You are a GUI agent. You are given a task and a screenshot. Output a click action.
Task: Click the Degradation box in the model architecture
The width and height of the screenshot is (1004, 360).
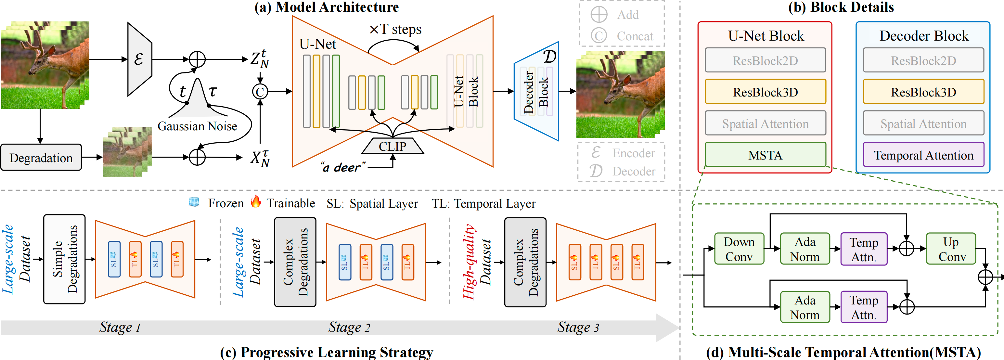point(41,157)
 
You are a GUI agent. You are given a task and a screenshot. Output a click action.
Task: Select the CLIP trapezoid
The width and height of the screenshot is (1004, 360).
point(393,147)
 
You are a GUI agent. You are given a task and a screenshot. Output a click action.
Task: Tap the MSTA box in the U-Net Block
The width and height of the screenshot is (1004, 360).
point(765,155)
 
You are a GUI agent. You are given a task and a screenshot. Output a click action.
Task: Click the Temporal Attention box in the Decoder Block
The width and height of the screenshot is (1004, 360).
point(923,155)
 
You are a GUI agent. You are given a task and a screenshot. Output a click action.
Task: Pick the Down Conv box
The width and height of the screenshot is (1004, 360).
point(739,249)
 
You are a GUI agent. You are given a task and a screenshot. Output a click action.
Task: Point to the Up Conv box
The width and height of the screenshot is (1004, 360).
point(951,249)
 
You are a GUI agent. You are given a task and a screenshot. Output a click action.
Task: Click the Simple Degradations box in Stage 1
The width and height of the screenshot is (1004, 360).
point(64,259)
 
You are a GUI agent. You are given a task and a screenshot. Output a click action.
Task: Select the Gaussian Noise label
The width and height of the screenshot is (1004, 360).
point(197,126)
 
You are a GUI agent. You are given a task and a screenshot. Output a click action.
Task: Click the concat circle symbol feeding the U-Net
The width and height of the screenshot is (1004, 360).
point(260,92)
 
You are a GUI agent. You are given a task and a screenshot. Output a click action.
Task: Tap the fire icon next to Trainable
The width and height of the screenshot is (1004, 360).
point(256,202)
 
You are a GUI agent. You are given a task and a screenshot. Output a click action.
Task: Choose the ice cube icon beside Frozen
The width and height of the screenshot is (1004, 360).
point(194,202)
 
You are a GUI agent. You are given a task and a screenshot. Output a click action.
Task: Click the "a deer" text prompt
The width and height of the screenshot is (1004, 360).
point(342,168)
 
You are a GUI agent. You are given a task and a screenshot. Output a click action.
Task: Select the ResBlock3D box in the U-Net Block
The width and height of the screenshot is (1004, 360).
point(765,92)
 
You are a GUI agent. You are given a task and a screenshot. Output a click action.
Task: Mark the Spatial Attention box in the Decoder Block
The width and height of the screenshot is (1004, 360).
point(923,123)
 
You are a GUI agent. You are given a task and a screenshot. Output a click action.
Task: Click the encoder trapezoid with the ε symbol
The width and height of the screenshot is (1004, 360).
point(139,59)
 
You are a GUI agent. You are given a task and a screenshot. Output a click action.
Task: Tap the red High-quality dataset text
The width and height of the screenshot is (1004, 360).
point(469,262)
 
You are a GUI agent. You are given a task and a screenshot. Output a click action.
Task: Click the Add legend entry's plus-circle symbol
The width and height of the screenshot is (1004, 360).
point(599,15)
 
